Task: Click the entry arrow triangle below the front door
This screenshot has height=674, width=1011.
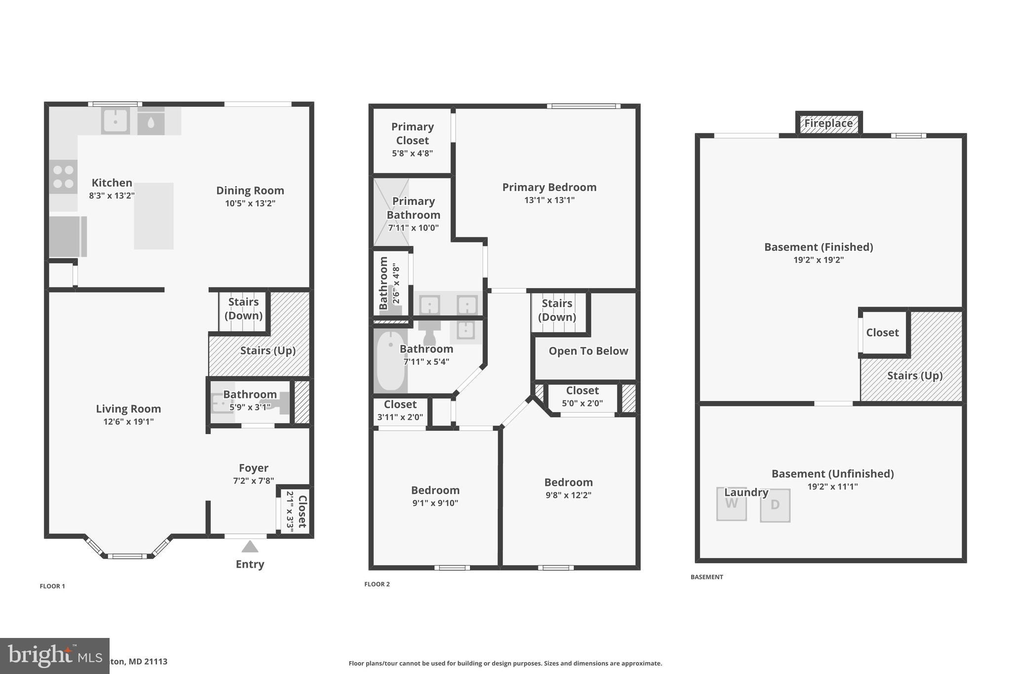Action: (x=250, y=547)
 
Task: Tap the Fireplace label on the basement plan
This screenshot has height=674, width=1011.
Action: (x=828, y=123)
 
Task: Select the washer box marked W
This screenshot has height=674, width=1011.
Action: (x=731, y=504)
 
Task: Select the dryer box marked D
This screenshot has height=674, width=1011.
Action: (x=775, y=505)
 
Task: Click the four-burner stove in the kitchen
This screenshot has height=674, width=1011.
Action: (x=63, y=177)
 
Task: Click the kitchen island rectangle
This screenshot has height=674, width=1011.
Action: (x=154, y=216)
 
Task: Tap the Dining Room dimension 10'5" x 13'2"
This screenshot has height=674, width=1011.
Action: (x=250, y=203)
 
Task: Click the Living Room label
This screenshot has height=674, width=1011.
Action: (x=128, y=409)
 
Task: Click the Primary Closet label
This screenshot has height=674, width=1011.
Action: (x=412, y=133)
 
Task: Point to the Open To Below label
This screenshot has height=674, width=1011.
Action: (x=588, y=351)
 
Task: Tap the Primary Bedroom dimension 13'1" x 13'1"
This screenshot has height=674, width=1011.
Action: (x=549, y=200)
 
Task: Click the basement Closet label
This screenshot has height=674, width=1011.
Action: (x=882, y=333)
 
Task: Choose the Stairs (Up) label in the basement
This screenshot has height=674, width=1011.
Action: (x=915, y=376)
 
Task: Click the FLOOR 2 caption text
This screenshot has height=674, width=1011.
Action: (x=377, y=584)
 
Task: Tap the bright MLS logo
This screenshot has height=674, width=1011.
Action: (x=54, y=656)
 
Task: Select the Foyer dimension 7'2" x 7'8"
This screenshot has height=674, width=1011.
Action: (x=253, y=481)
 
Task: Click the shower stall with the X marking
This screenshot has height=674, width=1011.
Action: (x=391, y=212)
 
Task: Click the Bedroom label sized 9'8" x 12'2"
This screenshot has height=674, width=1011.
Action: (x=568, y=482)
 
